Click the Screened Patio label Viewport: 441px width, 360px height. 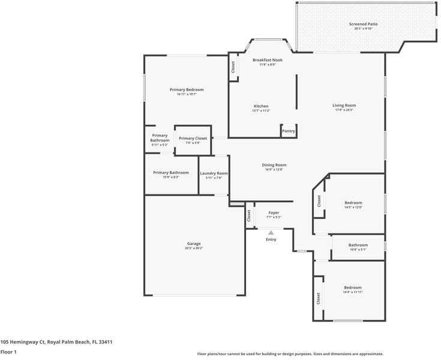pyautogui.click(x=363, y=24)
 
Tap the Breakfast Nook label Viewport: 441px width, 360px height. pyautogui.click(x=268, y=60)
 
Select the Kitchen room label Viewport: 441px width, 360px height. pyautogui.click(x=260, y=106)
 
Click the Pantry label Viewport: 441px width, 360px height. pyautogui.click(x=289, y=131)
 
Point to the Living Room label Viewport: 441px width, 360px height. pyautogui.click(x=344, y=106)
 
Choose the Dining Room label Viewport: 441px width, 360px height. pyautogui.click(x=274, y=165)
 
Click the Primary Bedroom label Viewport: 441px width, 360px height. pyautogui.click(x=187, y=89)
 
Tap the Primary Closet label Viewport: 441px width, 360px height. pyautogui.click(x=193, y=139)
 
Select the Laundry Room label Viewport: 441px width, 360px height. pyautogui.click(x=214, y=173)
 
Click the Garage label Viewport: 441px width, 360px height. pyautogui.click(x=194, y=244)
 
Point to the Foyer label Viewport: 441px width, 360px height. pyautogui.click(x=274, y=213)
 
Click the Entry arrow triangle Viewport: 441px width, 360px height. pyautogui.click(x=271, y=232)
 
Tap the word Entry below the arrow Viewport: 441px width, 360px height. pyautogui.click(x=271, y=239)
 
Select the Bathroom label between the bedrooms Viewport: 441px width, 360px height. pyautogui.click(x=358, y=245)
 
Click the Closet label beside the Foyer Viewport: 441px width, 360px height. pyautogui.click(x=248, y=218)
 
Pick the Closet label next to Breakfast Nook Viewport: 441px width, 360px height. pyautogui.click(x=233, y=67)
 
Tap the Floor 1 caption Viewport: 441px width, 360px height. pyautogui.click(x=8, y=352)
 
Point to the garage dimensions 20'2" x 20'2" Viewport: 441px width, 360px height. pyautogui.click(x=194, y=248)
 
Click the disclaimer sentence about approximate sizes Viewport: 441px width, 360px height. pyautogui.click(x=290, y=354)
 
